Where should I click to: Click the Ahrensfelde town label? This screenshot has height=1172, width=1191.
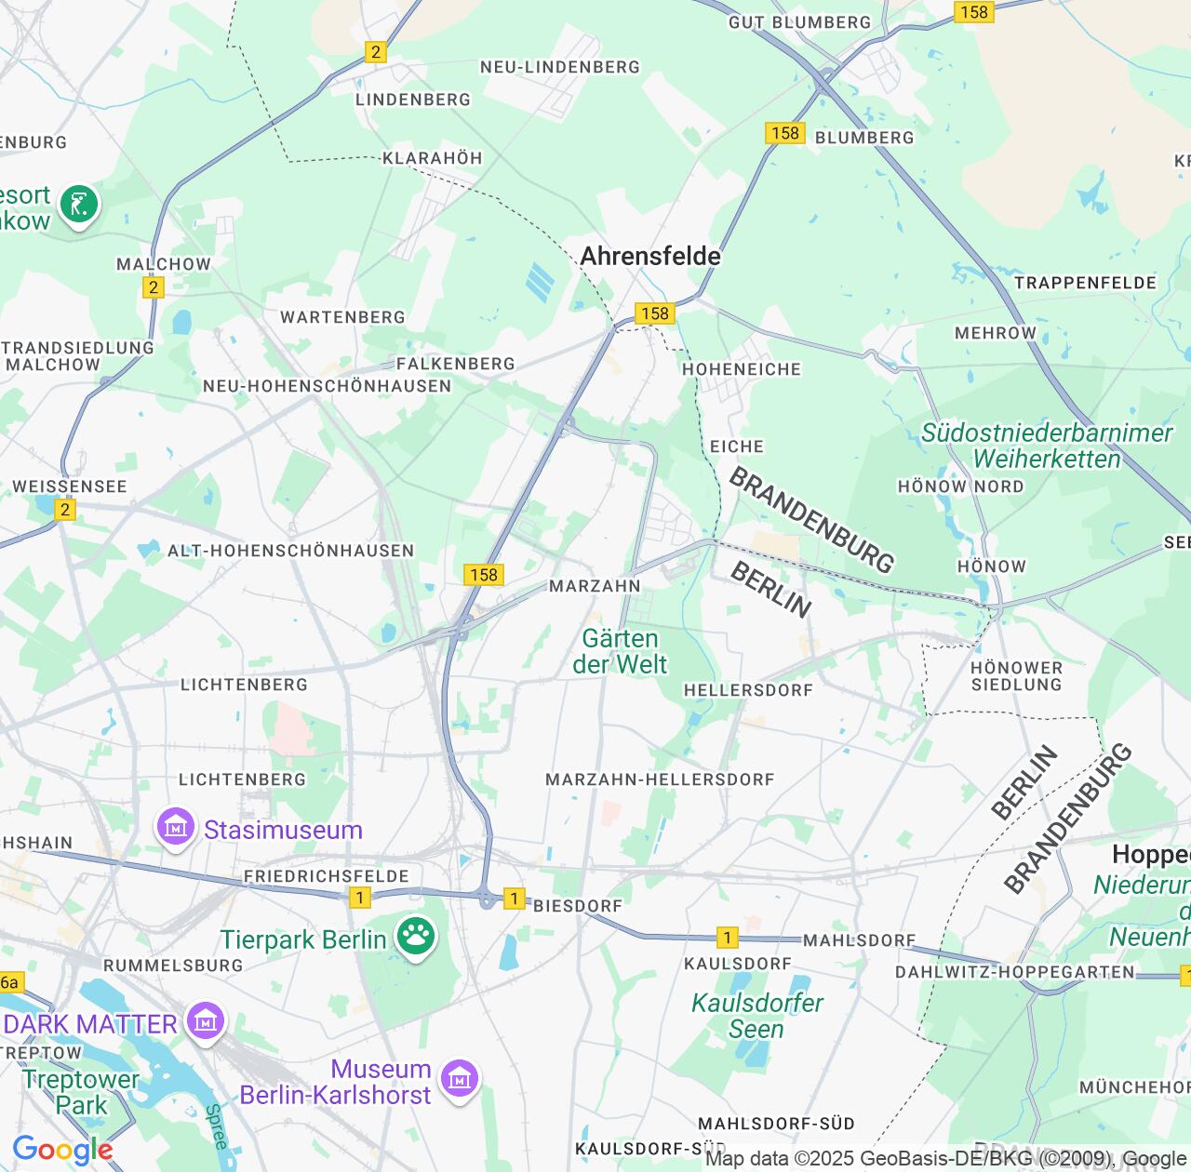click(650, 256)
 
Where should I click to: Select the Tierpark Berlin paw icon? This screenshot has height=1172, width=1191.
click(416, 938)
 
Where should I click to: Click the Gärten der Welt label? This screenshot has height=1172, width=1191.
click(620, 651)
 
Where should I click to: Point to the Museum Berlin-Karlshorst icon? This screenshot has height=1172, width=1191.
click(459, 1079)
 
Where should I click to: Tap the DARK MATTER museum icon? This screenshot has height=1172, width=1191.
click(206, 1021)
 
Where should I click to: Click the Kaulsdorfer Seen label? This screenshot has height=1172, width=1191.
click(756, 1016)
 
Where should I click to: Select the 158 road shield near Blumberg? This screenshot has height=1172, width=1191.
click(785, 133)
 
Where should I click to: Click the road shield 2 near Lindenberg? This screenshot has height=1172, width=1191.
click(376, 52)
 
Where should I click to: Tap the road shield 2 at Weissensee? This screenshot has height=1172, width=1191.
click(64, 510)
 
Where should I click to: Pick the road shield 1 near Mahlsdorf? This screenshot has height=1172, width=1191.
click(727, 938)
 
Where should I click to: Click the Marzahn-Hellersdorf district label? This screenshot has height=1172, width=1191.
click(660, 779)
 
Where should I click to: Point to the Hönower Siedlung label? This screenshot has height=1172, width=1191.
click(1016, 676)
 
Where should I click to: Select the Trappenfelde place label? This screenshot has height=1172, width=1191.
click(1085, 283)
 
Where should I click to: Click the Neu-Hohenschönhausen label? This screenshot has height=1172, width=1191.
click(327, 386)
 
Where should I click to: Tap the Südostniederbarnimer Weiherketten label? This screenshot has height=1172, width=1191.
click(1047, 446)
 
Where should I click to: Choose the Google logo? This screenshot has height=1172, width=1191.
click(62, 1150)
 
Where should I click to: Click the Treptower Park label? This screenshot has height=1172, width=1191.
click(80, 1092)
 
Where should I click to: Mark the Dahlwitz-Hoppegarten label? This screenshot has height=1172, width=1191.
click(1014, 972)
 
